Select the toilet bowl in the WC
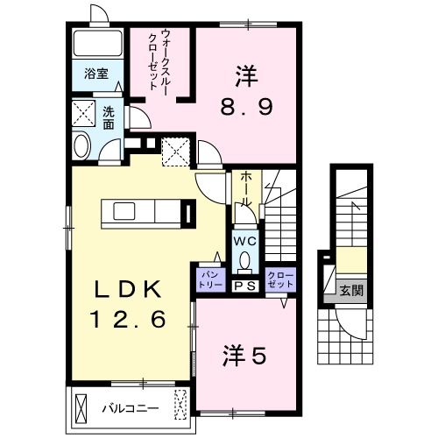(244, 258)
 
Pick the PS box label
(244, 286)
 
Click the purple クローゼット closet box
(281, 279)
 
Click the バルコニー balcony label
(129, 408)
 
